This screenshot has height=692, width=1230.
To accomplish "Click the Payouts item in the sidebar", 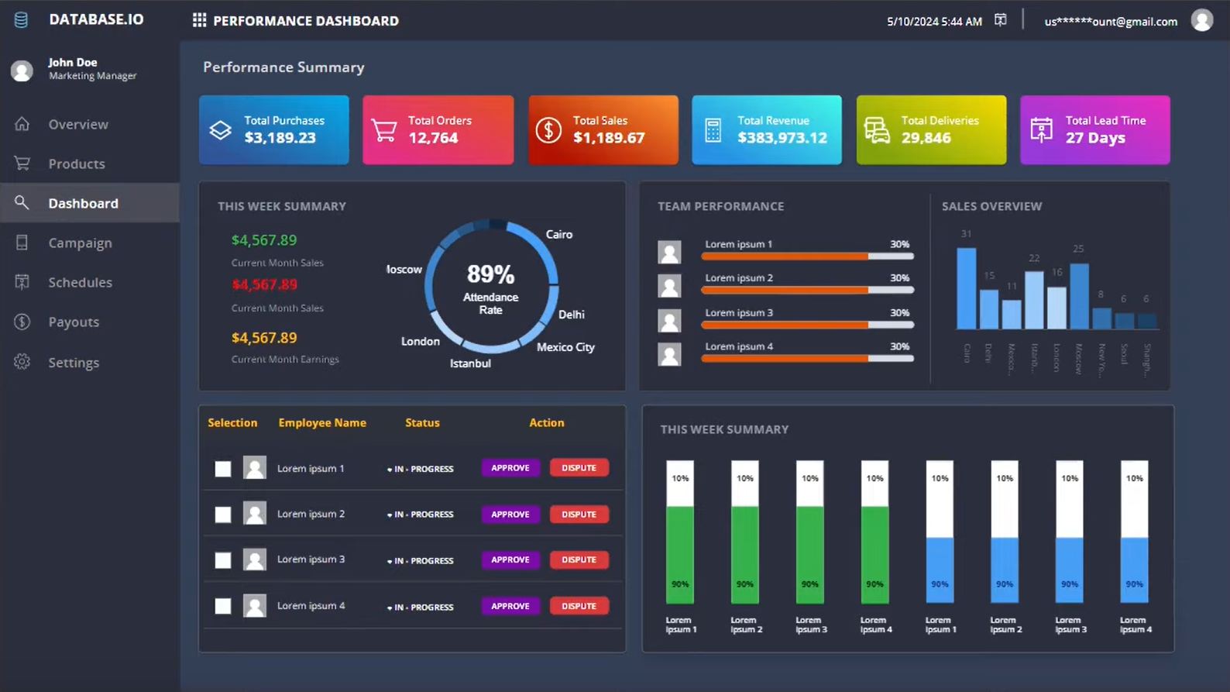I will click(74, 322).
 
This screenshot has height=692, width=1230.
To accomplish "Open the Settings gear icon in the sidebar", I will click(22, 362).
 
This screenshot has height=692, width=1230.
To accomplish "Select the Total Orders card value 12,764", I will click(433, 138).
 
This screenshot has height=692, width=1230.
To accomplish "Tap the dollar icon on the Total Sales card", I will click(548, 130).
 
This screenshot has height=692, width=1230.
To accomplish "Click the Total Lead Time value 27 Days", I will click(1095, 138).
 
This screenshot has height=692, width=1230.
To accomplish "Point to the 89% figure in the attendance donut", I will click(490, 274).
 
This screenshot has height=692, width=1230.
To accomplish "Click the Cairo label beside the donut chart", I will click(558, 234).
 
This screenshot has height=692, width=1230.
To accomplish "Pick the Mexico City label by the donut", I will click(565, 347).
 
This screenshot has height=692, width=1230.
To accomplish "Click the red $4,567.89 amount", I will click(264, 284).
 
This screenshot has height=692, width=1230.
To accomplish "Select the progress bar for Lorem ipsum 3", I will click(807, 325).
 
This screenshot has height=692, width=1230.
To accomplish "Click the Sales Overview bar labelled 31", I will click(966, 288).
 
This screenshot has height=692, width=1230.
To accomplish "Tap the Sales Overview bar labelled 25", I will click(1079, 296).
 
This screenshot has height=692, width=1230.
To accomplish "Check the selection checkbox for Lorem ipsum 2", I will click(223, 515).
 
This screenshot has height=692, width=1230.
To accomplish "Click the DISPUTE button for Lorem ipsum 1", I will click(579, 468).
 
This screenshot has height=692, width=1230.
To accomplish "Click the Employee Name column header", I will click(322, 422).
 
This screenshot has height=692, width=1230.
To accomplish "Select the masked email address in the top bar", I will click(1111, 22).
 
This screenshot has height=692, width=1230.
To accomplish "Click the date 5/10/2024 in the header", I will click(912, 22).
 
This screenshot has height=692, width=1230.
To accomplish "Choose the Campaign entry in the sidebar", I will click(80, 243).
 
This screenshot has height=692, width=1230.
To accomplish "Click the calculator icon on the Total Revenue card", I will click(713, 130).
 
